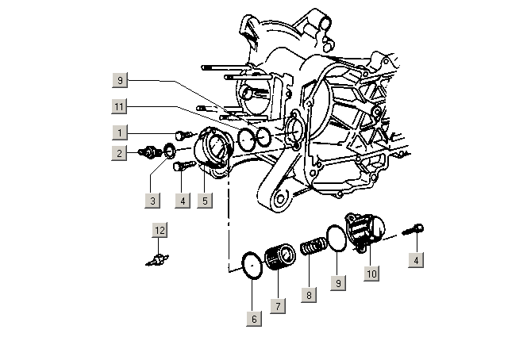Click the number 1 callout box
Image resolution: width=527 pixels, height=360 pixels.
120,132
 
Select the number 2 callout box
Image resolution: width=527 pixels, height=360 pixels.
120,152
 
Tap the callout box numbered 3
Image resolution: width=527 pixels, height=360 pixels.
153,201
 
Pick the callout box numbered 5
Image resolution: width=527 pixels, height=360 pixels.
204,201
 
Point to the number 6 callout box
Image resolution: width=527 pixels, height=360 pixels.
254,319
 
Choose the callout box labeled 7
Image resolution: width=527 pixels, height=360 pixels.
278,305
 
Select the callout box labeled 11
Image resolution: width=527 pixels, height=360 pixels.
120,105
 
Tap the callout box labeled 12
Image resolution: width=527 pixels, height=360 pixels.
161,231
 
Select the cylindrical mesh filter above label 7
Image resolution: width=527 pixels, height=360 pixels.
279,259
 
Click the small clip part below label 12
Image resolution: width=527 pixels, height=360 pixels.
159,260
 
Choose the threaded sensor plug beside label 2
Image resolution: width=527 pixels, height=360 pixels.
148,151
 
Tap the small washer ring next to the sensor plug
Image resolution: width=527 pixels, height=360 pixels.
169,150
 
